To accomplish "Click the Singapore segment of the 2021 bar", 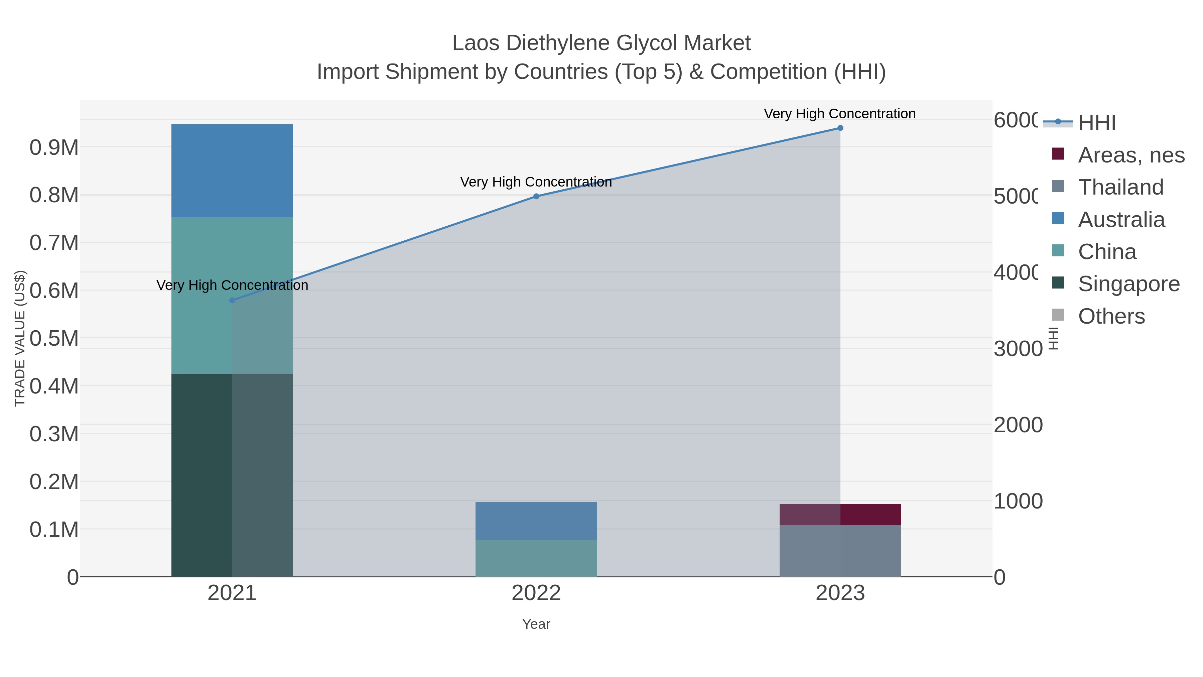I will (x=232, y=475).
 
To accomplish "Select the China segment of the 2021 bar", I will (x=232, y=295).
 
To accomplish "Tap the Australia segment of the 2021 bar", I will (x=232, y=171).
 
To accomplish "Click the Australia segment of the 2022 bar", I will (x=536, y=521).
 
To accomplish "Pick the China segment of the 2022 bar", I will (x=536, y=558).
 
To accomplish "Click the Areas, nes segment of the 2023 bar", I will (x=840, y=515).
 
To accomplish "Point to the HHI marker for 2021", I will (x=232, y=301).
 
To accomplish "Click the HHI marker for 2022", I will (x=536, y=196).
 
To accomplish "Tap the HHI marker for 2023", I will (x=840, y=128).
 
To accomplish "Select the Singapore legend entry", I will (x=1128, y=284).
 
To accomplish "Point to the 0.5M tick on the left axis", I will (x=54, y=338).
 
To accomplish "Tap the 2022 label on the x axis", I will (x=536, y=593).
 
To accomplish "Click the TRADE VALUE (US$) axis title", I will (x=20, y=338).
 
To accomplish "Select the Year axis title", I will (x=536, y=624).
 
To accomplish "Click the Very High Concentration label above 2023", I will (x=840, y=114).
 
